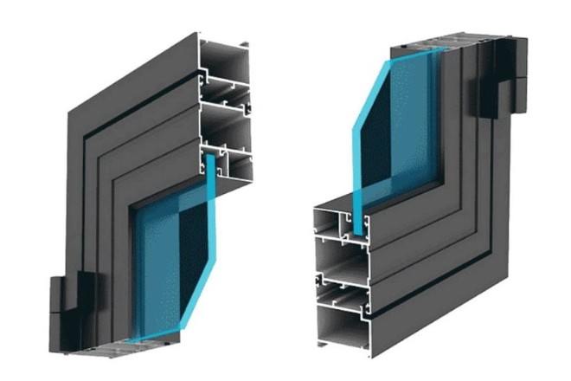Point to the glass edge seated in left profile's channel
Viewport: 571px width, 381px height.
click(x=210, y=165)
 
